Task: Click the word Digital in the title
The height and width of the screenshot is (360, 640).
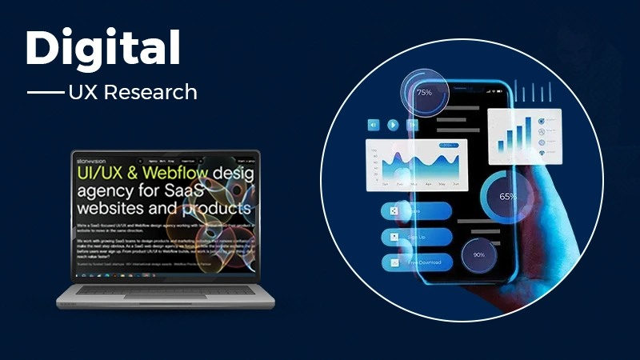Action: pos(102,50)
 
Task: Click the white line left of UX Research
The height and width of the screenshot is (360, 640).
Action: pos(45,93)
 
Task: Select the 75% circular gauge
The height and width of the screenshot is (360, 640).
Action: pos(423,93)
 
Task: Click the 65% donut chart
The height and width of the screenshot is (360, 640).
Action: pos(506,196)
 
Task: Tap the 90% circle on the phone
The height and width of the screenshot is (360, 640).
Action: pos(478,254)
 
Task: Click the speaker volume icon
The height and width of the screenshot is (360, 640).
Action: pos(373,125)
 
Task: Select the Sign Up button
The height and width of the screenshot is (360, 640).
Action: pos(416,237)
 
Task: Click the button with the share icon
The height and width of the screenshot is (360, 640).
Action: pos(416,211)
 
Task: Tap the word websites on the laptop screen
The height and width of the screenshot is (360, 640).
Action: pos(112,210)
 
